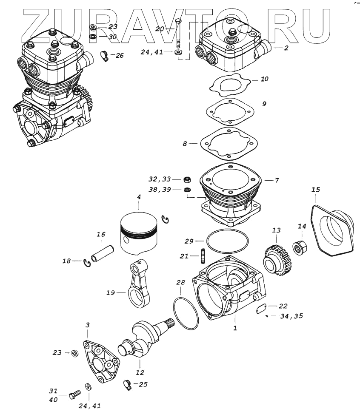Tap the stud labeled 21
(x=203, y=256)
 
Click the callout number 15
(x=315, y=189)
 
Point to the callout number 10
(x=265, y=79)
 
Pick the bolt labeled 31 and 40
(x=74, y=396)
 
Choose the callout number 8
(x=185, y=144)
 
